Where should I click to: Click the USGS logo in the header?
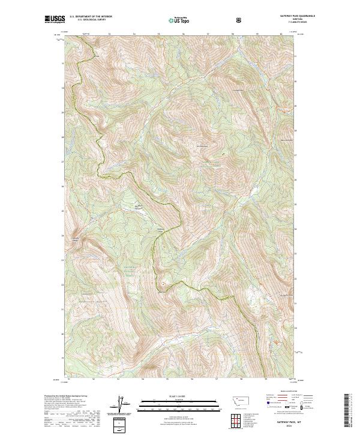click(54, 19)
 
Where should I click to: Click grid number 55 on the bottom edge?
click(167, 379)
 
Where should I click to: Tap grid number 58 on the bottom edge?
click(241, 379)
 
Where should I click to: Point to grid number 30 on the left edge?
click(62, 88)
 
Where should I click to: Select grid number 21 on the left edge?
click(62, 309)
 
